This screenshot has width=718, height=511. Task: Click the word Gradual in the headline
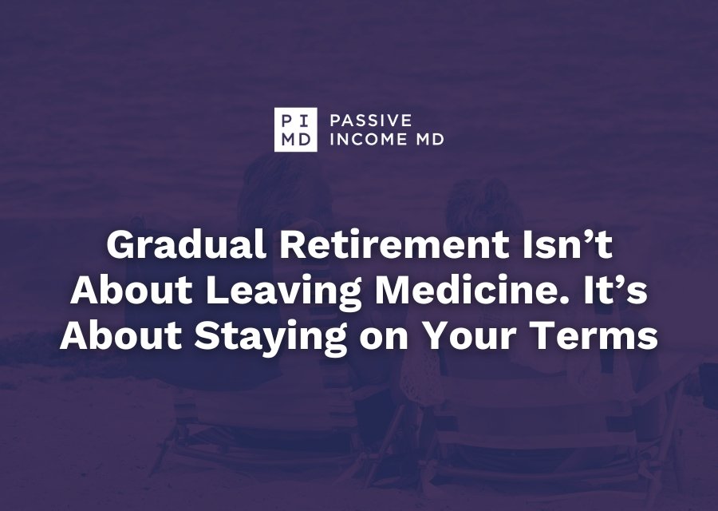pyautogui.click(x=187, y=245)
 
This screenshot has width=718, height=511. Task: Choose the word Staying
pyautogui.click(x=270, y=336)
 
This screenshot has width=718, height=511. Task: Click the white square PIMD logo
pyautogui.click(x=295, y=129)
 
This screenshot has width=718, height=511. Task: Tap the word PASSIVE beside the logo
pyautogui.click(x=371, y=121)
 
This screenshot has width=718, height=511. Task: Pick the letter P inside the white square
pyautogui.click(x=287, y=121)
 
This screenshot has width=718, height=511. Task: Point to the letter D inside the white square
pyautogui.click(x=305, y=139)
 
